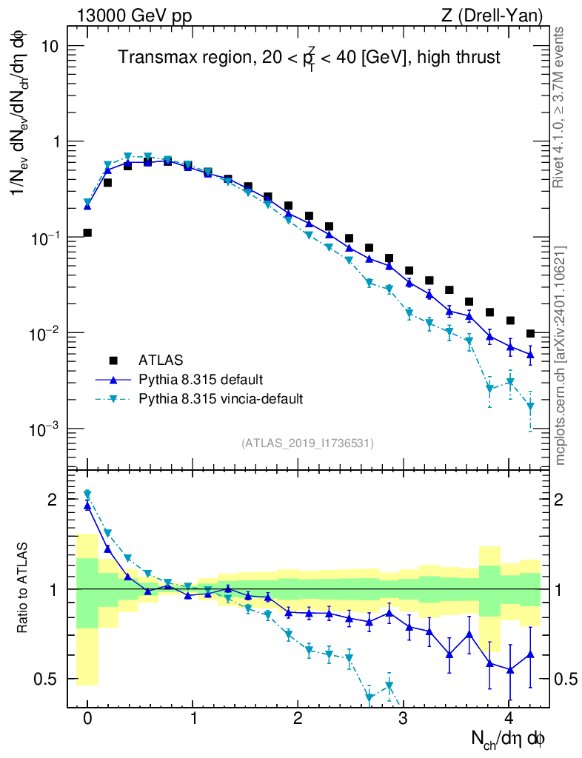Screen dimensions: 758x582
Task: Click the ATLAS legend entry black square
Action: pyautogui.click(x=113, y=360)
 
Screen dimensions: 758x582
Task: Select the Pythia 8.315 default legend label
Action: pyautogui.click(x=200, y=380)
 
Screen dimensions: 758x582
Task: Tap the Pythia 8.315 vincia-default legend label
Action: pyautogui.click(x=221, y=399)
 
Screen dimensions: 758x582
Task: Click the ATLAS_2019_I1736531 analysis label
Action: pyautogui.click(x=307, y=443)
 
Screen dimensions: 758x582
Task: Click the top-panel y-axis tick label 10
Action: pyautogui.click(x=50, y=46)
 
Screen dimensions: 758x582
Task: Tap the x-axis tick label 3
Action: pyautogui.click(x=404, y=720)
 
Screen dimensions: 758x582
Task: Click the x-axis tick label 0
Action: pyautogui.click(x=87, y=720)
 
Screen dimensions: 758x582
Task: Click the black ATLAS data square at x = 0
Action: pyautogui.click(x=87, y=232)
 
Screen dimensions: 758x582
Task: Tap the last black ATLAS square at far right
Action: pyautogui.click(x=530, y=334)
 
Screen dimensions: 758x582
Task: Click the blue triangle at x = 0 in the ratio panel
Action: pyautogui.click(x=87, y=506)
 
